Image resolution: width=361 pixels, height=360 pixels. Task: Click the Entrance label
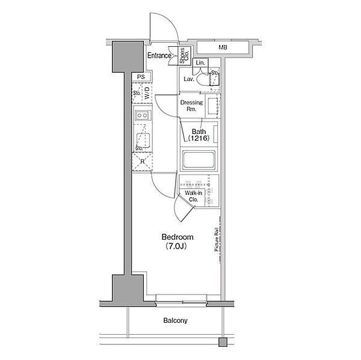click(159, 56)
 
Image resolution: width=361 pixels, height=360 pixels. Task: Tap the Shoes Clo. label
click(184, 55)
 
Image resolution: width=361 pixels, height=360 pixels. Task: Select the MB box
click(223, 47)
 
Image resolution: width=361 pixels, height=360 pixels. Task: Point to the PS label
click(140, 76)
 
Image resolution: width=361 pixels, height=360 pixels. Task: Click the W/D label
click(146, 93)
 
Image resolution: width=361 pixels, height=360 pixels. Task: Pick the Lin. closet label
click(200, 63)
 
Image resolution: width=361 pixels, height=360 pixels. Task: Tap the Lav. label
click(188, 78)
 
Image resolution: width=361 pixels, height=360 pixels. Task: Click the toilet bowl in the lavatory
click(212, 78)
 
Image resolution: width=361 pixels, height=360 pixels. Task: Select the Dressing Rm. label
click(191, 106)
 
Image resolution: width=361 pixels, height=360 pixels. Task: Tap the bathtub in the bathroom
click(198, 161)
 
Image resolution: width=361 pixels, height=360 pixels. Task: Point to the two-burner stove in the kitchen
click(142, 115)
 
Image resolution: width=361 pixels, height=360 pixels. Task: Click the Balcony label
click(175, 320)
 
